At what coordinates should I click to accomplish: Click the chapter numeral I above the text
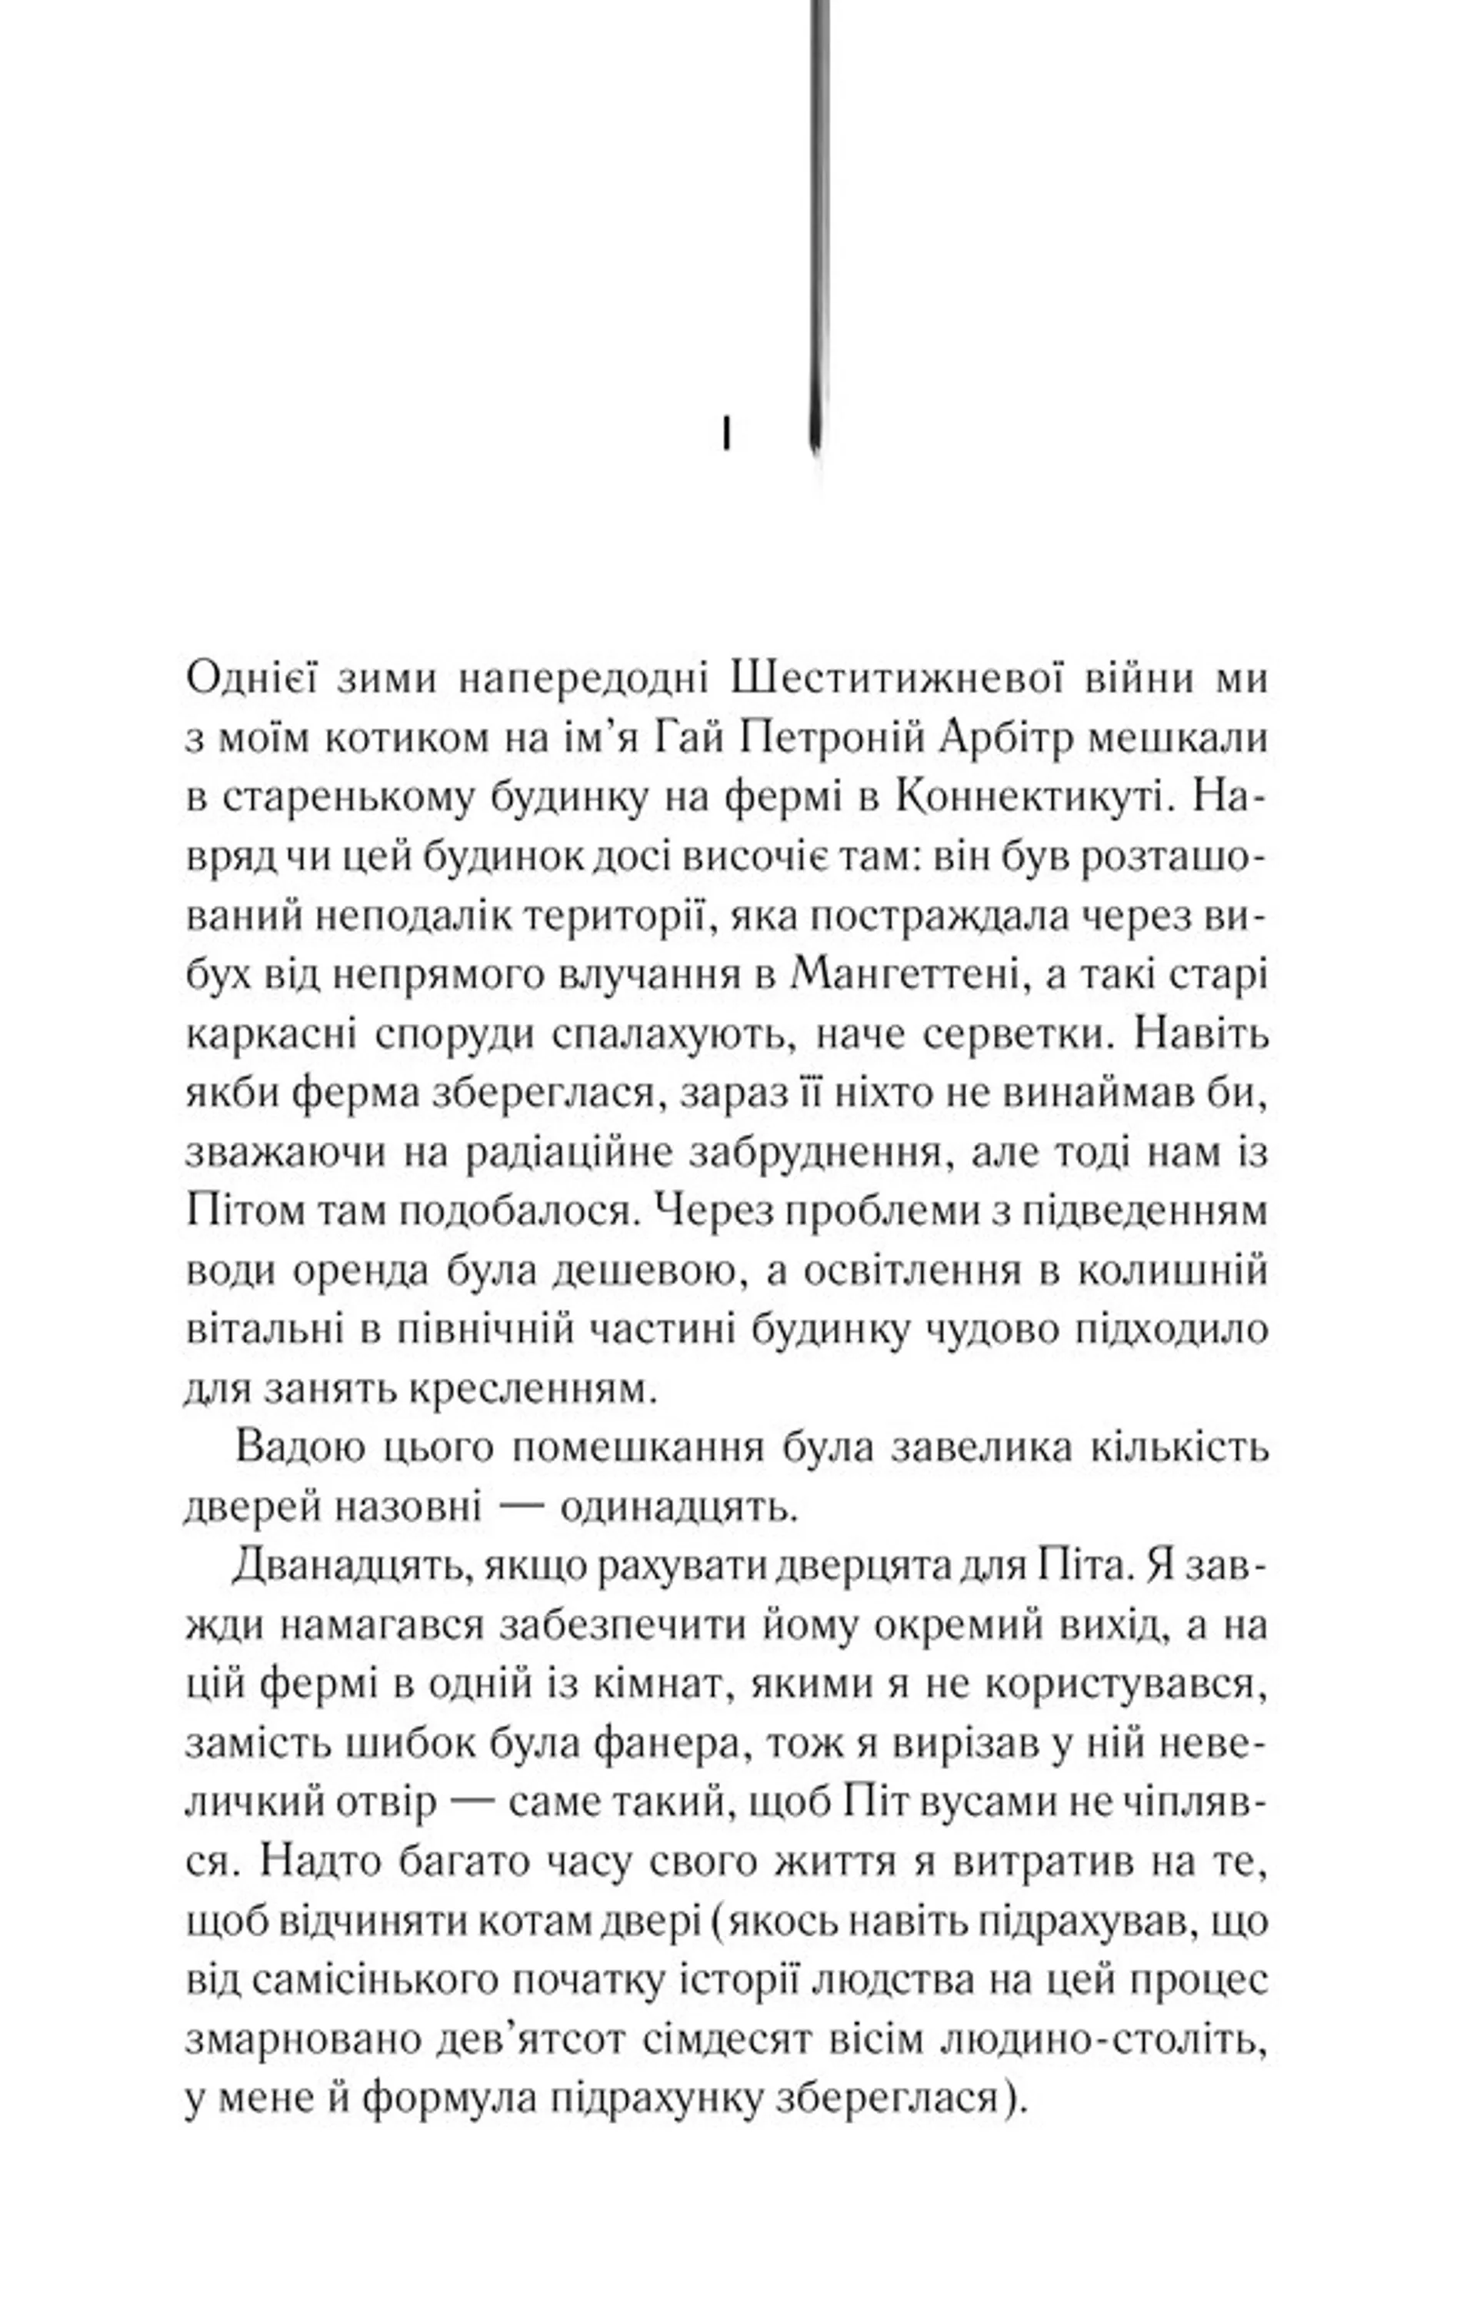click(x=726, y=432)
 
